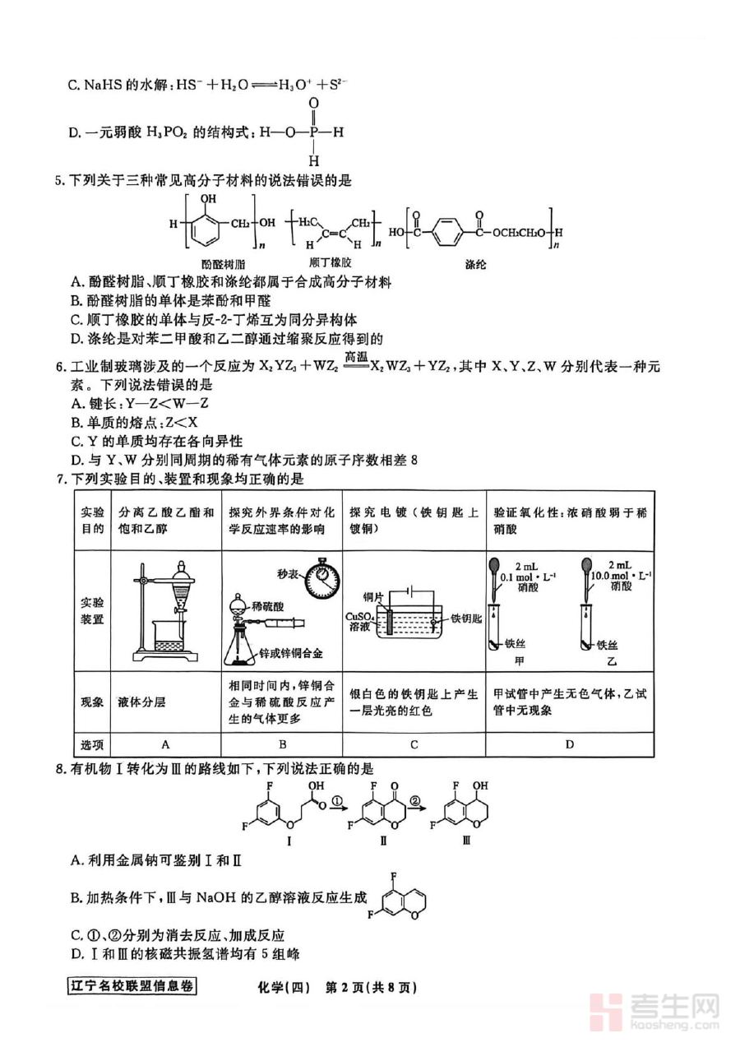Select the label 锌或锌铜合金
pos(294,652)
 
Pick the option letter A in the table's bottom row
pos(165,744)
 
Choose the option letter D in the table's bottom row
pos(570,744)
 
